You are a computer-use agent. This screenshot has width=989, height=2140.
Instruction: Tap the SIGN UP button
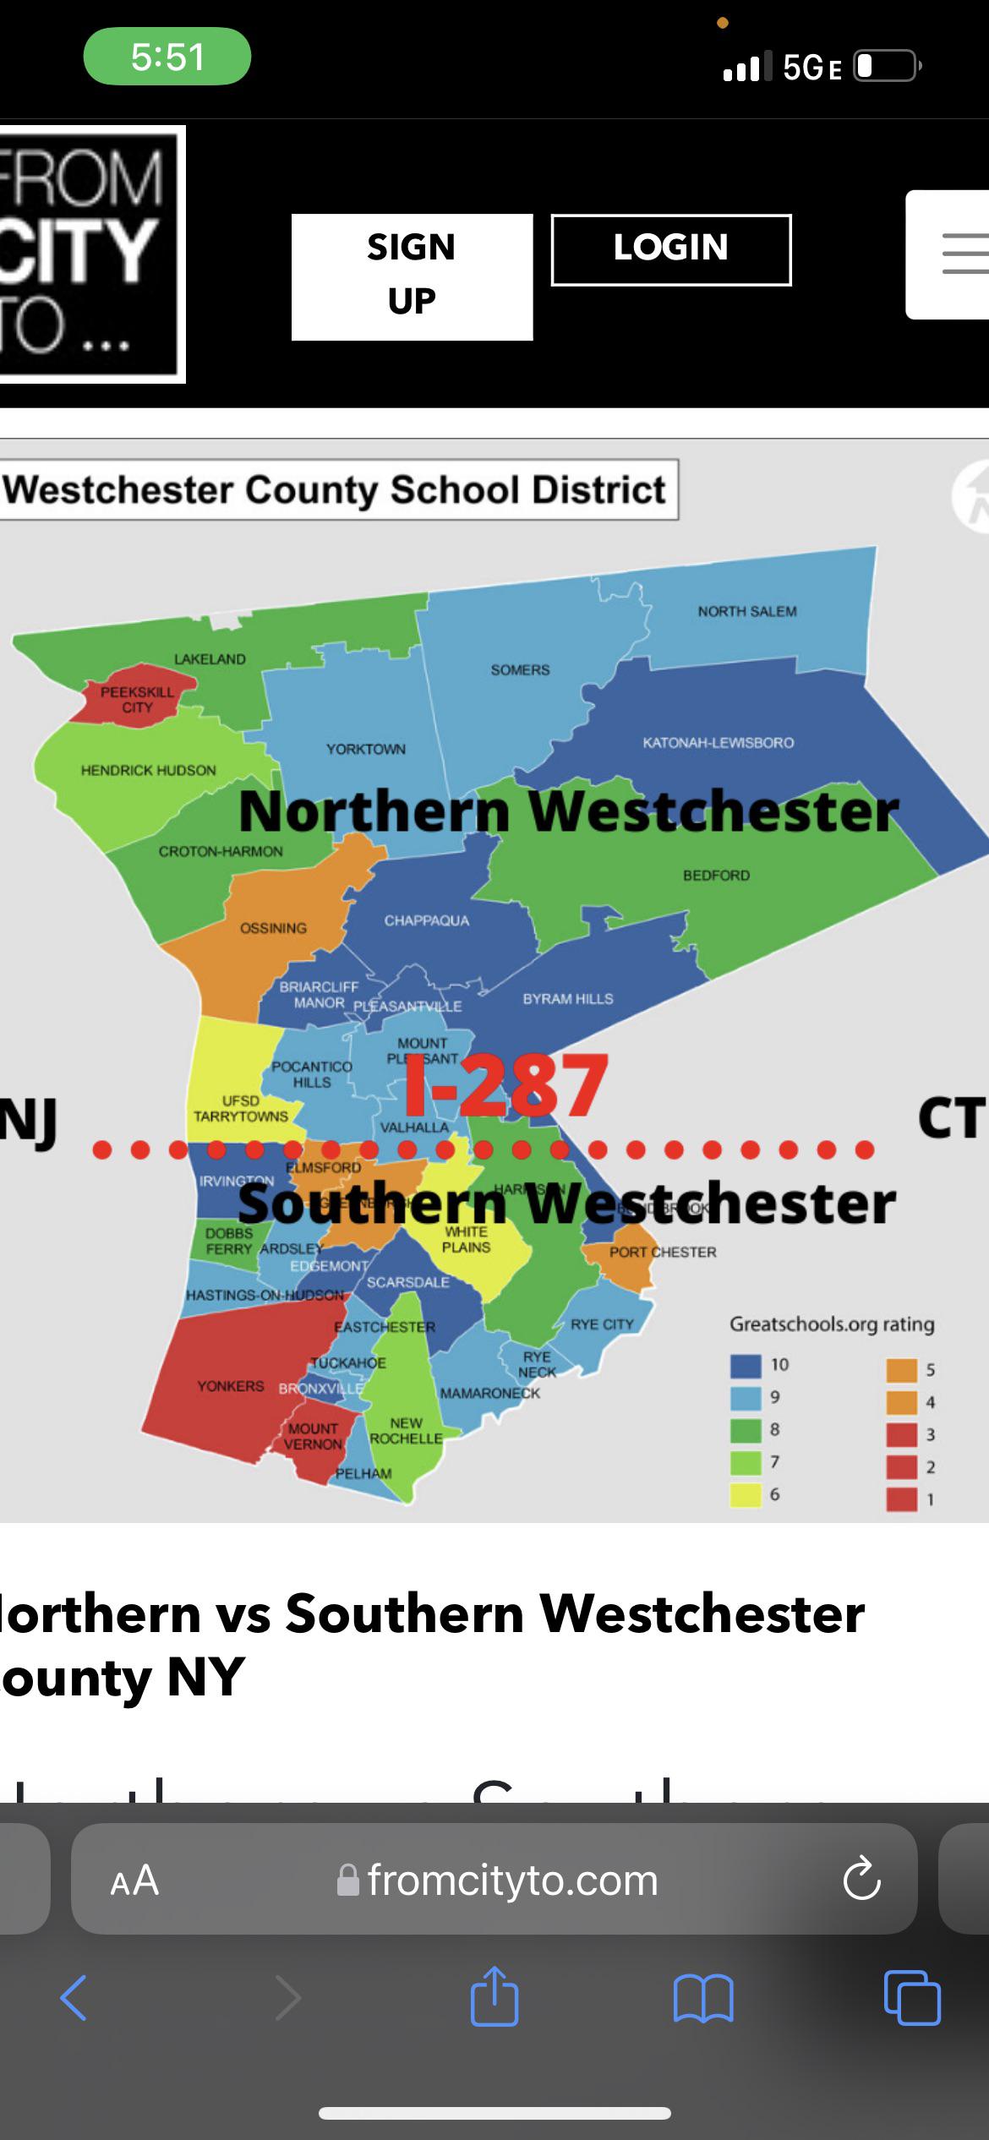coord(412,276)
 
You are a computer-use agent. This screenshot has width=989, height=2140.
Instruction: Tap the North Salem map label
coord(747,611)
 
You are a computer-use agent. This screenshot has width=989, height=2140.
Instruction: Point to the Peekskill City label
coord(137,699)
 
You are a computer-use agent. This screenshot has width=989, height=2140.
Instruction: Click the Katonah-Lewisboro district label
coord(718,742)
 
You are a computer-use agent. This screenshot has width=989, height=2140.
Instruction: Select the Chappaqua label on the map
coord(426,920)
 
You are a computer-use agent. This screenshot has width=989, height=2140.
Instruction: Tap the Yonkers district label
coord(230,1386)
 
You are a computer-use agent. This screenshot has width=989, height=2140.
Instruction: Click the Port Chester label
coord(663,1252)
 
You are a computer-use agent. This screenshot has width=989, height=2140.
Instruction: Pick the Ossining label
coord(273,928)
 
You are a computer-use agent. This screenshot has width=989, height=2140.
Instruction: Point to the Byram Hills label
coord(568,998)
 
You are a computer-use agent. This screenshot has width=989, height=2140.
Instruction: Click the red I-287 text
coord(505,1085)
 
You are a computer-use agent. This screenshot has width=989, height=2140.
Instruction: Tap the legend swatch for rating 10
coord(746,1364)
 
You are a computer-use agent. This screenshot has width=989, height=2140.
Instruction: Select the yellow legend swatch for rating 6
coord(746,1494)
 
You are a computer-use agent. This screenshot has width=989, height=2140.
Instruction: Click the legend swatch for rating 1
coord(901,1499)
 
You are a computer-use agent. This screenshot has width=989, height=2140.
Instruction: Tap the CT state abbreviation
coord(951,1117)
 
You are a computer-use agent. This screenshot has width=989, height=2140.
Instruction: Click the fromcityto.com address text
coord(512,1880)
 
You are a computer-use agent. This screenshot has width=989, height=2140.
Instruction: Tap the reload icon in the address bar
coord(861,1879)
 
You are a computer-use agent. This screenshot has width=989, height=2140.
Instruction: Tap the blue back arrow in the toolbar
coord(74,1998)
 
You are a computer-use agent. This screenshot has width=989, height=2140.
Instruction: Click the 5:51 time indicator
coord(167,57)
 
